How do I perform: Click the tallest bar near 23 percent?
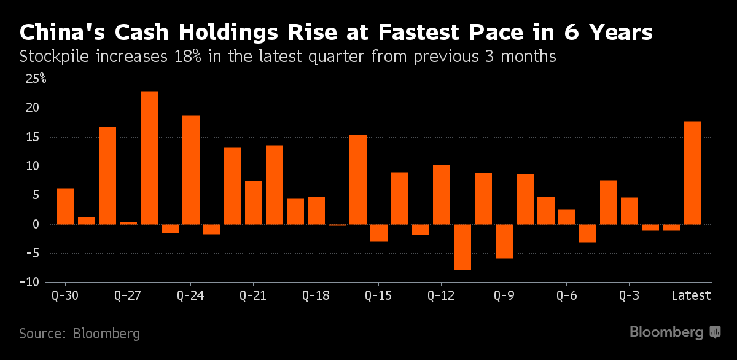pos(149,157)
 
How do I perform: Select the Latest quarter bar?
pos(692,173)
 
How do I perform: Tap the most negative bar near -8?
pos(462,247)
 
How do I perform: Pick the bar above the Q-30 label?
pos(66,206)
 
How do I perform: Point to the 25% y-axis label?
pos(35,79)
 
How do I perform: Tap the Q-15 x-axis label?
pos(378,295)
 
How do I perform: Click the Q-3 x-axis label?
pos(629,295)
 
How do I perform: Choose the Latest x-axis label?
pos(692,295)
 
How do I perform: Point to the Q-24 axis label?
pos(190,295)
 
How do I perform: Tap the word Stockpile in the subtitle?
pos(53,58)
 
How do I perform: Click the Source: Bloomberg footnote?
pos(79,334)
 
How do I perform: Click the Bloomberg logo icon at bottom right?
pos(715,332)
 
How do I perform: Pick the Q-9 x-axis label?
pos(504,295)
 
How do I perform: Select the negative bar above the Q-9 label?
pos(504,241)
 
